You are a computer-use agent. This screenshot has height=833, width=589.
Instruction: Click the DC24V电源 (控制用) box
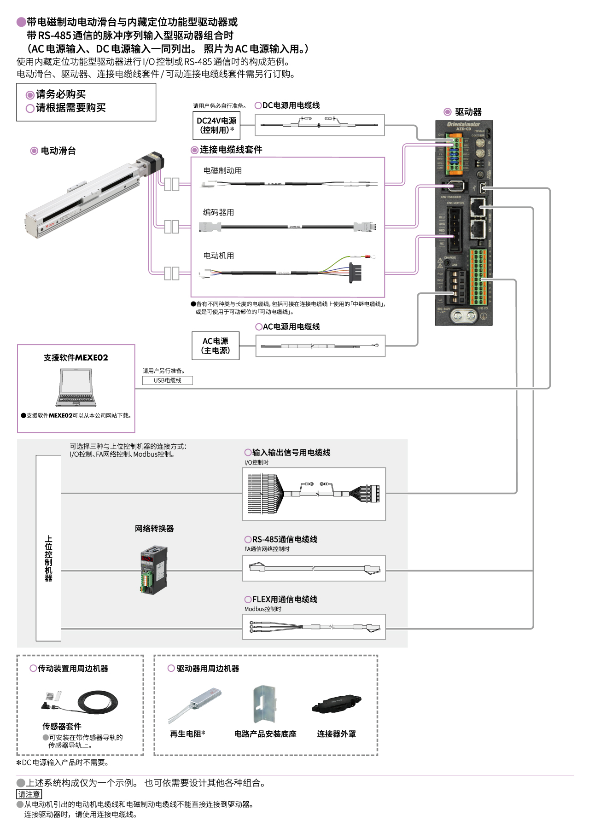216,125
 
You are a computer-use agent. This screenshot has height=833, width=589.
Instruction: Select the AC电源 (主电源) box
215,345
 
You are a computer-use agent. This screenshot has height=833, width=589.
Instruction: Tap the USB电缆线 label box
167,380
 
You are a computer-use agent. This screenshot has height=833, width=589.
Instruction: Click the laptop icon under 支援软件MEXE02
76,388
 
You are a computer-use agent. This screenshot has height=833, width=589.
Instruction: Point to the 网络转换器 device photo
154,570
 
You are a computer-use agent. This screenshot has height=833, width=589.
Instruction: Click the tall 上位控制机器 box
48,548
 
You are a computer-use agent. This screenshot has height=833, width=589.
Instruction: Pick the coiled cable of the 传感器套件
97,703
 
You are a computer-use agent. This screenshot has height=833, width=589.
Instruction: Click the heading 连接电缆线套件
231,150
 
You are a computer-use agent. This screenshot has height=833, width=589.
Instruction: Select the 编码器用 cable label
219,212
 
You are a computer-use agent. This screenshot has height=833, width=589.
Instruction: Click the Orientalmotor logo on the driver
463,124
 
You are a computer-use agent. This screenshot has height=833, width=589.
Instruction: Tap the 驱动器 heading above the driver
468,112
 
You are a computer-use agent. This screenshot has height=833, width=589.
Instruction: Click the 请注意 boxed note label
29,794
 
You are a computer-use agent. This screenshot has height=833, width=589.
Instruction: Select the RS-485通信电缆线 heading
284,539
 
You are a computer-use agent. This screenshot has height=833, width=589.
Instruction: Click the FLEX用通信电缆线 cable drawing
314,627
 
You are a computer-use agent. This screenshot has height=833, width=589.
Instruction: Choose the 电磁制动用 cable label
222,170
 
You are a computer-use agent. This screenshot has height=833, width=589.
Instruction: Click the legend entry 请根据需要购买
70,108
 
